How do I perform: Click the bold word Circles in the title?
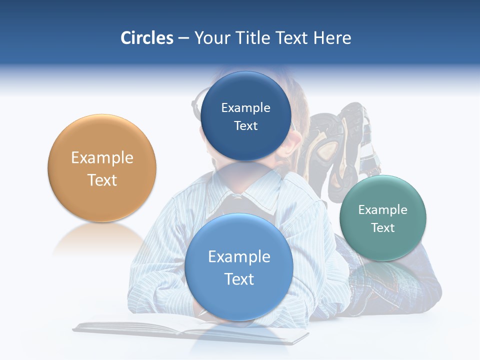pyautogui.click(x=146, y=38)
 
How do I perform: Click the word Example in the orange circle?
pyautogui.click(x=102, y=158)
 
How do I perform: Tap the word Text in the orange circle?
pyautogui.click(x=102, y=180)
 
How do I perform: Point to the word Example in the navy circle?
pyautogui.click(x=246, y=108)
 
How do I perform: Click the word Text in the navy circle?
pyautogui.click(x=246, y=126)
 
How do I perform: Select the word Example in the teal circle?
pyautogui.click(x=383, y=210)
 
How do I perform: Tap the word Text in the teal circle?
pyautogui.click(x=383, y=228)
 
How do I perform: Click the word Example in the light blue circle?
pyautogui.click(x=239, y=257)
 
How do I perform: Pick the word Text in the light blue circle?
pyautogui.click(x=239, y=279)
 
